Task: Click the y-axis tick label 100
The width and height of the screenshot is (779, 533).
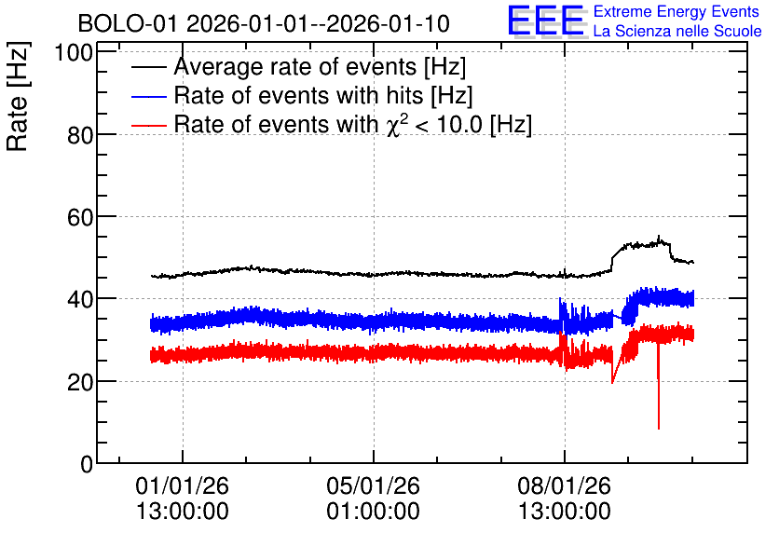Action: [74, 52]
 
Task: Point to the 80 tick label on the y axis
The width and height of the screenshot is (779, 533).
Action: [80, 134]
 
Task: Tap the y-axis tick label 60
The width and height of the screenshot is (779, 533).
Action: [80, 217]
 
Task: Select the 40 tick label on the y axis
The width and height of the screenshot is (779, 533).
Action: [80, 299]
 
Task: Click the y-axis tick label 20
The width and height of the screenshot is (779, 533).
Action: [80, 381]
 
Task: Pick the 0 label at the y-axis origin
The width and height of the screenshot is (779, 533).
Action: [87, 464]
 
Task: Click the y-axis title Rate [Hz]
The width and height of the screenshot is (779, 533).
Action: [18, 96]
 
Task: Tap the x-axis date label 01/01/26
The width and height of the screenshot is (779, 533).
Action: [183, 485]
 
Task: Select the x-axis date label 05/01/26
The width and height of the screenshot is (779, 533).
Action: [373, 485]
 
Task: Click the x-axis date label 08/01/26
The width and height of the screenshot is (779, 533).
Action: [565, 485]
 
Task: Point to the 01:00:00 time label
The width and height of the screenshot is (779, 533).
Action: [373, 512]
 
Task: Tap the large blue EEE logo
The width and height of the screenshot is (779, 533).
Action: [545, 20]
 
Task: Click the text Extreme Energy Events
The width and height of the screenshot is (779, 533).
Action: [676, 11]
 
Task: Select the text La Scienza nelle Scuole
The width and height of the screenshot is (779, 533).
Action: [677, 31]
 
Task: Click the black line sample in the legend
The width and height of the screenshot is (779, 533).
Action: [149, 67]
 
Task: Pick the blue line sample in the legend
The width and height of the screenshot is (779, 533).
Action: [149, 96]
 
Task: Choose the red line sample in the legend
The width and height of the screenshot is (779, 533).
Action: [149, 125]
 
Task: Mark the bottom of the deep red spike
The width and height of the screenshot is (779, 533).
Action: [659, 429]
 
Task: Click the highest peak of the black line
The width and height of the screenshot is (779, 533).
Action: [660, 236]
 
